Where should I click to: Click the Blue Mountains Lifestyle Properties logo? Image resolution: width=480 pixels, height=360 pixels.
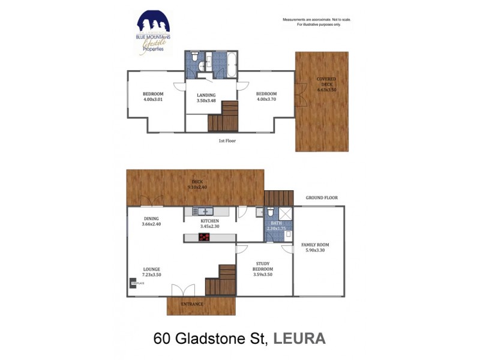pyautogui.click(x=153, y=32)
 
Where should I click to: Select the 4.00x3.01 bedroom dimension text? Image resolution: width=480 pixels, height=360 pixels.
pyautogui.click(x=153, y=100)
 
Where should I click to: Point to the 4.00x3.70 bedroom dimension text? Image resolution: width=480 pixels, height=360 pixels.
pyautogui.click(x=266, y=100)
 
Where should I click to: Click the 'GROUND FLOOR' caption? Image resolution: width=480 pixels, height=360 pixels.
pyautogui.click(x=322, y=197)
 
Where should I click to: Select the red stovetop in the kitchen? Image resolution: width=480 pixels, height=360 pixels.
pyautogui.click(x=205, y=238)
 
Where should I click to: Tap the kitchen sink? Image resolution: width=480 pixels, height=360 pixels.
pyautogui.click(x=203, y=211)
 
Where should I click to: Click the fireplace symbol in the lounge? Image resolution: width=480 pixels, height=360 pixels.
pyautogui.click(x=133, y=281)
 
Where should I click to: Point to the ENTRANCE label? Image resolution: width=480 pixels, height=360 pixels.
pyautogui.click(x=193, y=304)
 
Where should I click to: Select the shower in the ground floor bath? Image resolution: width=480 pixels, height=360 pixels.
pyautogui.click(x=285, y=213)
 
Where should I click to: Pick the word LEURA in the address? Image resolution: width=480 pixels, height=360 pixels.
pyautogui.click(x=299, y=338)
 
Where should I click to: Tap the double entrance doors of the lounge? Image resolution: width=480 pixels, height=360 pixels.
pyautogui.click(x=184, y=291)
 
